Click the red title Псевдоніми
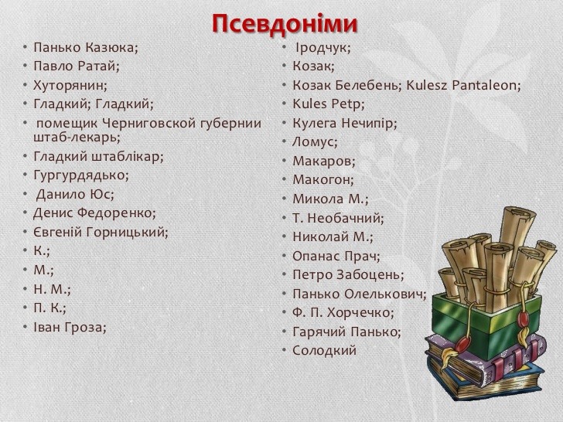285,24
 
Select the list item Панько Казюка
86,47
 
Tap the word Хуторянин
70,85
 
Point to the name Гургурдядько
81,175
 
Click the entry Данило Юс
75,194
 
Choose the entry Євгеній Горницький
101,232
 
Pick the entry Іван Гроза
70,327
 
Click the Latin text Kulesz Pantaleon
463,85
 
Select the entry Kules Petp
329,104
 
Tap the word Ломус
315,142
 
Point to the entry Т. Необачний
338,218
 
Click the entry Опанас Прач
336,256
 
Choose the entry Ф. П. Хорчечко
343,312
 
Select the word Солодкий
324,350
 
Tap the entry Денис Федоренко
95,213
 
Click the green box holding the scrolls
486,319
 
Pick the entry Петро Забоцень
348,275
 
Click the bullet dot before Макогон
284,179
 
